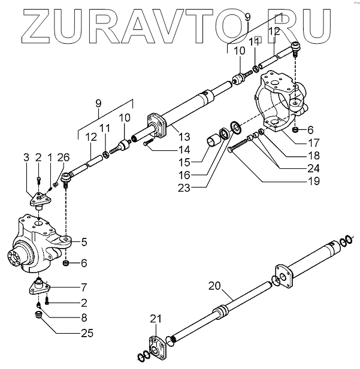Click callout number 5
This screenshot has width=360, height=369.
pos(84,242)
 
